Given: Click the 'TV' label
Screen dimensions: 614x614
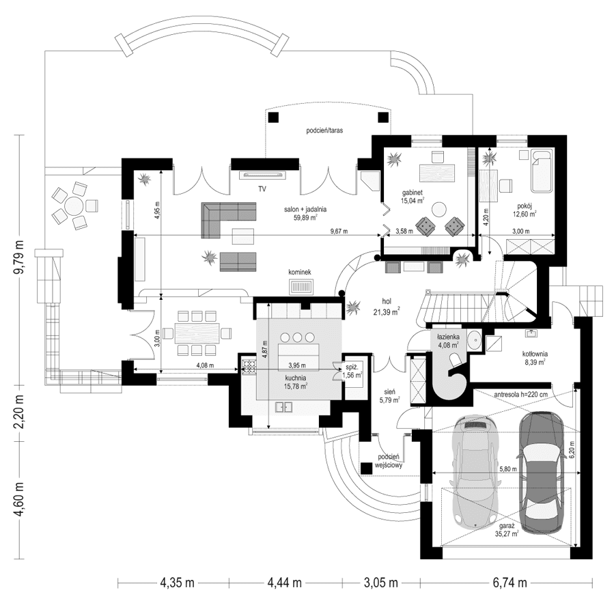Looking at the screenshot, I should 262,186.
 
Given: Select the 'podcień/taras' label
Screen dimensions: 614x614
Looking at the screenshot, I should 324,129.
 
